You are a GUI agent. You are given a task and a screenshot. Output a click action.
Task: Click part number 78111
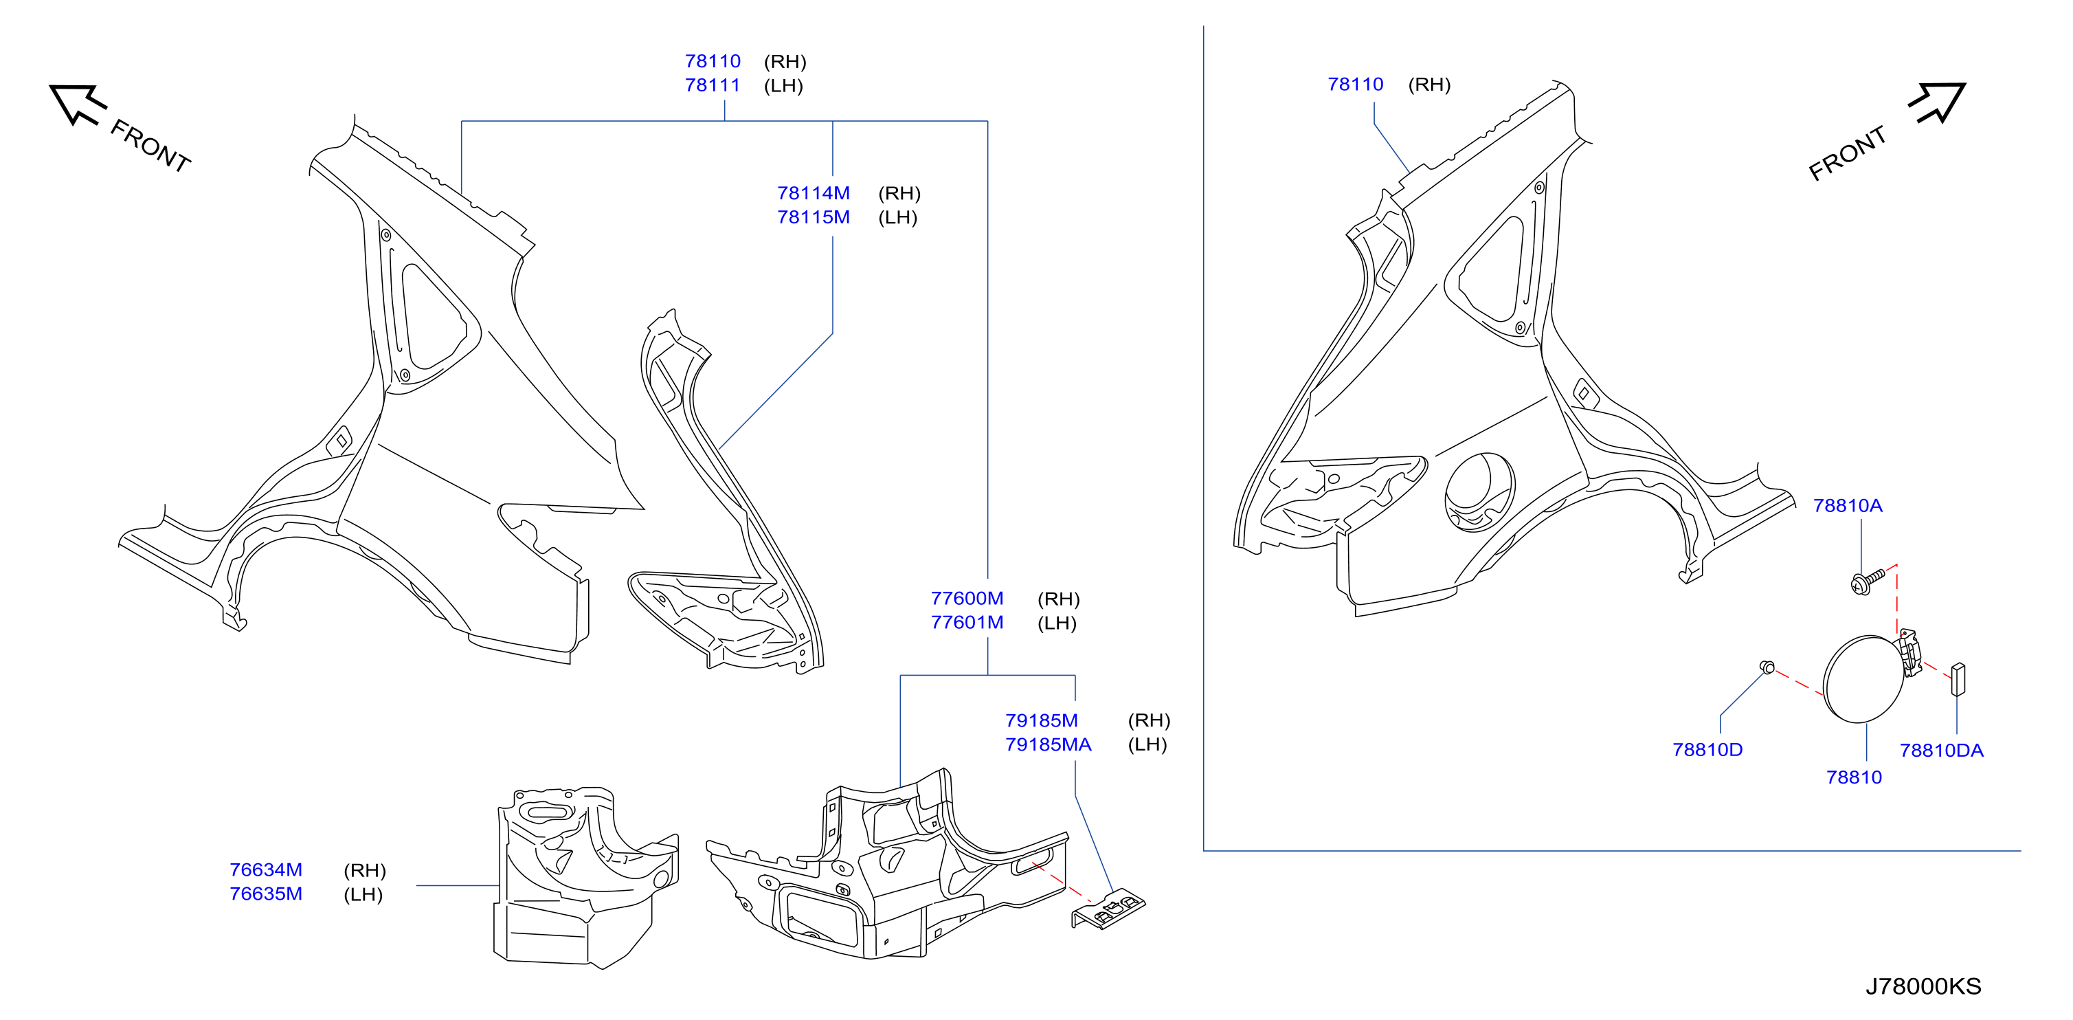pos(713,85)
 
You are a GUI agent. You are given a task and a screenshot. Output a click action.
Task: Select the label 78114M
pos(814,193)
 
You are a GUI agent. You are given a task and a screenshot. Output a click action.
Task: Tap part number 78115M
pos(814,217)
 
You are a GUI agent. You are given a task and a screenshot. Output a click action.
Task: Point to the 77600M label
pos(967,599)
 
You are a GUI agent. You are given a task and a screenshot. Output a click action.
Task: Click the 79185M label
pos(1042,720)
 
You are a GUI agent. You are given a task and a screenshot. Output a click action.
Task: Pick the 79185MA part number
pos(1049,744)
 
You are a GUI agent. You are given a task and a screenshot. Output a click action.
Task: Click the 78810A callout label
pos(1848,506)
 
